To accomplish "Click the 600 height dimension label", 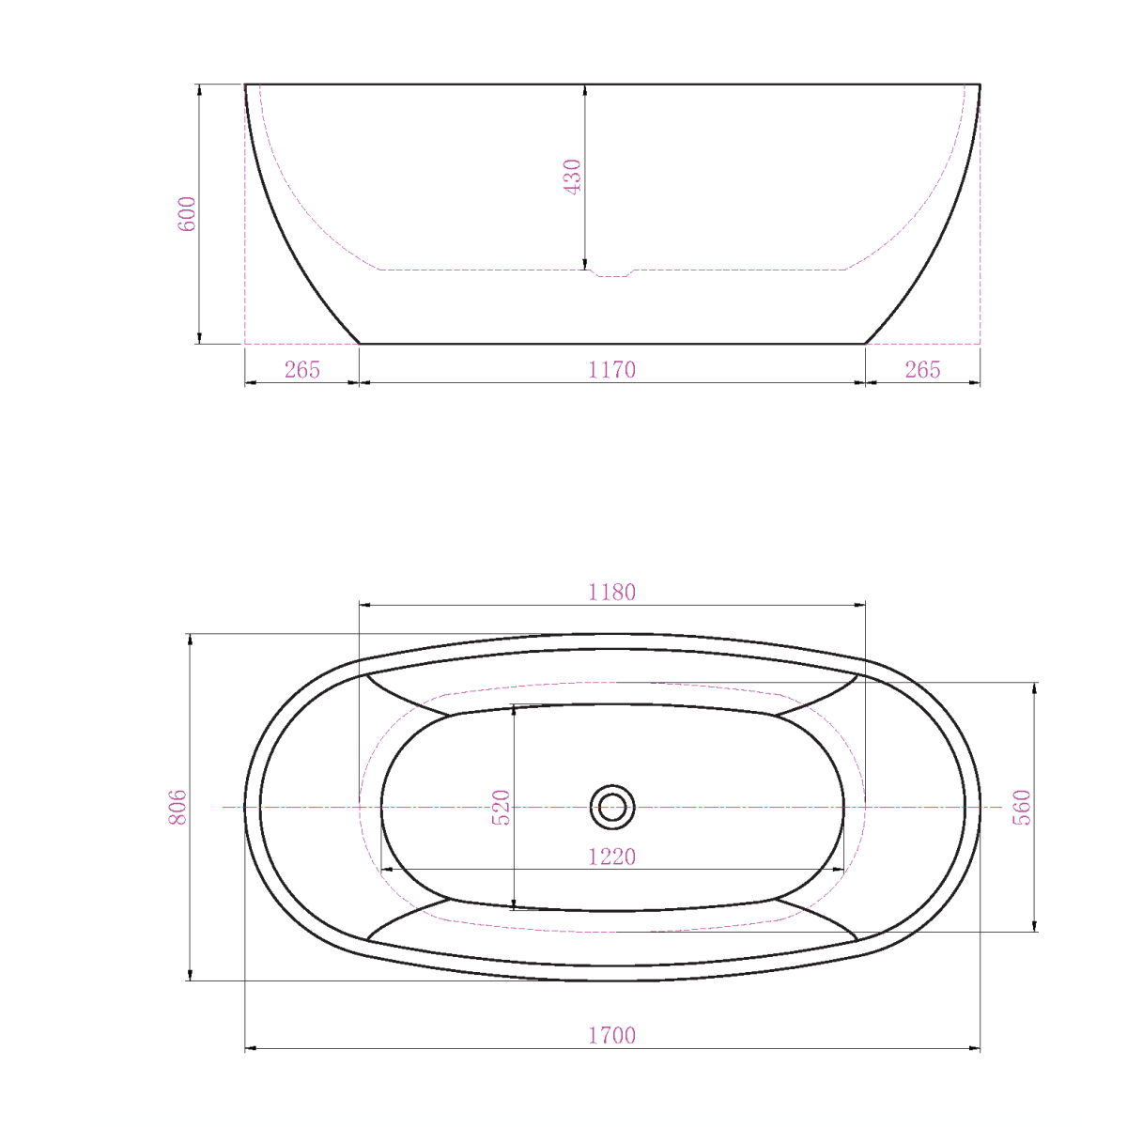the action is pos(187,214).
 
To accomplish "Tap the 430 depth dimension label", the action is pos(572,176).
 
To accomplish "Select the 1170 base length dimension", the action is pos(611,370).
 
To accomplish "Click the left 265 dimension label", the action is pos(301,370).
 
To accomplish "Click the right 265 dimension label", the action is pos(922,370).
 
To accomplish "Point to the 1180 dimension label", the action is pos(611,593).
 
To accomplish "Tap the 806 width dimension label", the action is pos(178,807).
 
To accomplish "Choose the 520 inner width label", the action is pos(502,807).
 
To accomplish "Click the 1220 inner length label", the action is pos(611,857).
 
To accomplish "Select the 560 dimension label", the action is pos(1021,807).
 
